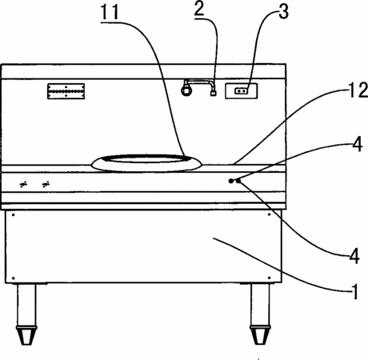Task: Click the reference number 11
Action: tap(110, 12)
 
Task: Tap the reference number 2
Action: tap(199, 9)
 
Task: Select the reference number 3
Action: tap(283, 12)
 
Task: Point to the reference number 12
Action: tap(358, 90)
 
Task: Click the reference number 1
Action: tap(354, 292)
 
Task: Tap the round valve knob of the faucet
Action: tap(186, 90)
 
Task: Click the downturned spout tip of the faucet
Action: tap(213, 94)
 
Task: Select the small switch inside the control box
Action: tap(241, 91)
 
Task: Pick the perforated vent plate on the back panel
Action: tap(66, 91)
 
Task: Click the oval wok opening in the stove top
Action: tap(146, 163)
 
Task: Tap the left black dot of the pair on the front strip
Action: tap(231, 181)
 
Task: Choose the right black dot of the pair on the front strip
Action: tap(238, 181)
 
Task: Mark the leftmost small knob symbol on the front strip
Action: tap(24, 184)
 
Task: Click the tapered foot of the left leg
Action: tap(26, 335)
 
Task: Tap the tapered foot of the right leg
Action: tap(260, 335)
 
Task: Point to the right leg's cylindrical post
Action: tap(260, 305)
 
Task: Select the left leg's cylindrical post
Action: tap(26, 305)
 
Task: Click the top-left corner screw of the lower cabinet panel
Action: tap(14, 214)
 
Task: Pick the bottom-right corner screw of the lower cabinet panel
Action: tap(270, 278)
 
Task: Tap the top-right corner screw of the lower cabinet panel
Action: tap(270, 214)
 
